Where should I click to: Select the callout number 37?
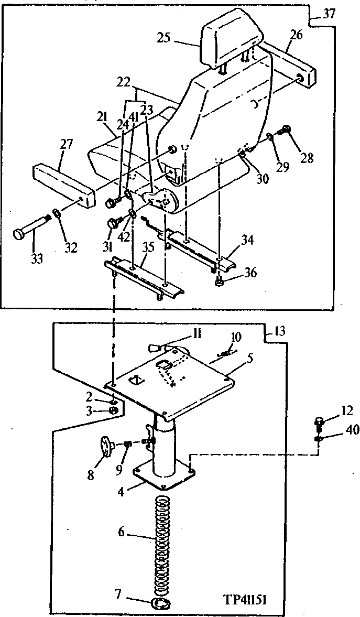pyautogui.click(x=329, y=14)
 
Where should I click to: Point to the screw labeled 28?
pyautogui.click(x=286, y=128)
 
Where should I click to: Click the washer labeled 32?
pyautogui.click(x=56, y=215)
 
